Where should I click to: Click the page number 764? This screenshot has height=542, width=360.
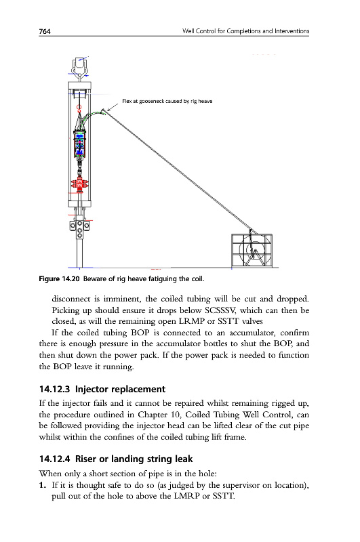pyautogui.click(x=45, y=31)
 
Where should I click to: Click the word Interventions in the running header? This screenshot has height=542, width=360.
pyautogui.click(x=292, y=31)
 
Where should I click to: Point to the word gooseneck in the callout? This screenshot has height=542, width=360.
pyautogui.click(x=151, y=101)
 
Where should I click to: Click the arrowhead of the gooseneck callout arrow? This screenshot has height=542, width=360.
pyautogui.click(x=108, y=110)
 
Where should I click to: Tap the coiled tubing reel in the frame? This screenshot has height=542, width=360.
pyautogui.click(x=255, y=249)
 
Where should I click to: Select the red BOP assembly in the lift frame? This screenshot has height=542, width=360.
pyautogui.click(x=80, y=184)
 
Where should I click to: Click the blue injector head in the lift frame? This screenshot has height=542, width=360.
pyautogui.click(x=80, y=144)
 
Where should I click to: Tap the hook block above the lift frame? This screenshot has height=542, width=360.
pyautogui.click(x=80, y=67)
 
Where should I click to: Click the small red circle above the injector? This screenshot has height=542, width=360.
pyautogui.click(x=79, y=108)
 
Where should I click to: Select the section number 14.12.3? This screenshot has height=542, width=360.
pyautogui.click(x=55, y=389)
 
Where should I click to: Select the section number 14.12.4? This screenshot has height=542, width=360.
pyautogui.click(x=55, y=459)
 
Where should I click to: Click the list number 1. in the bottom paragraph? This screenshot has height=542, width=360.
pyautogui.click(x=42, y=485)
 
